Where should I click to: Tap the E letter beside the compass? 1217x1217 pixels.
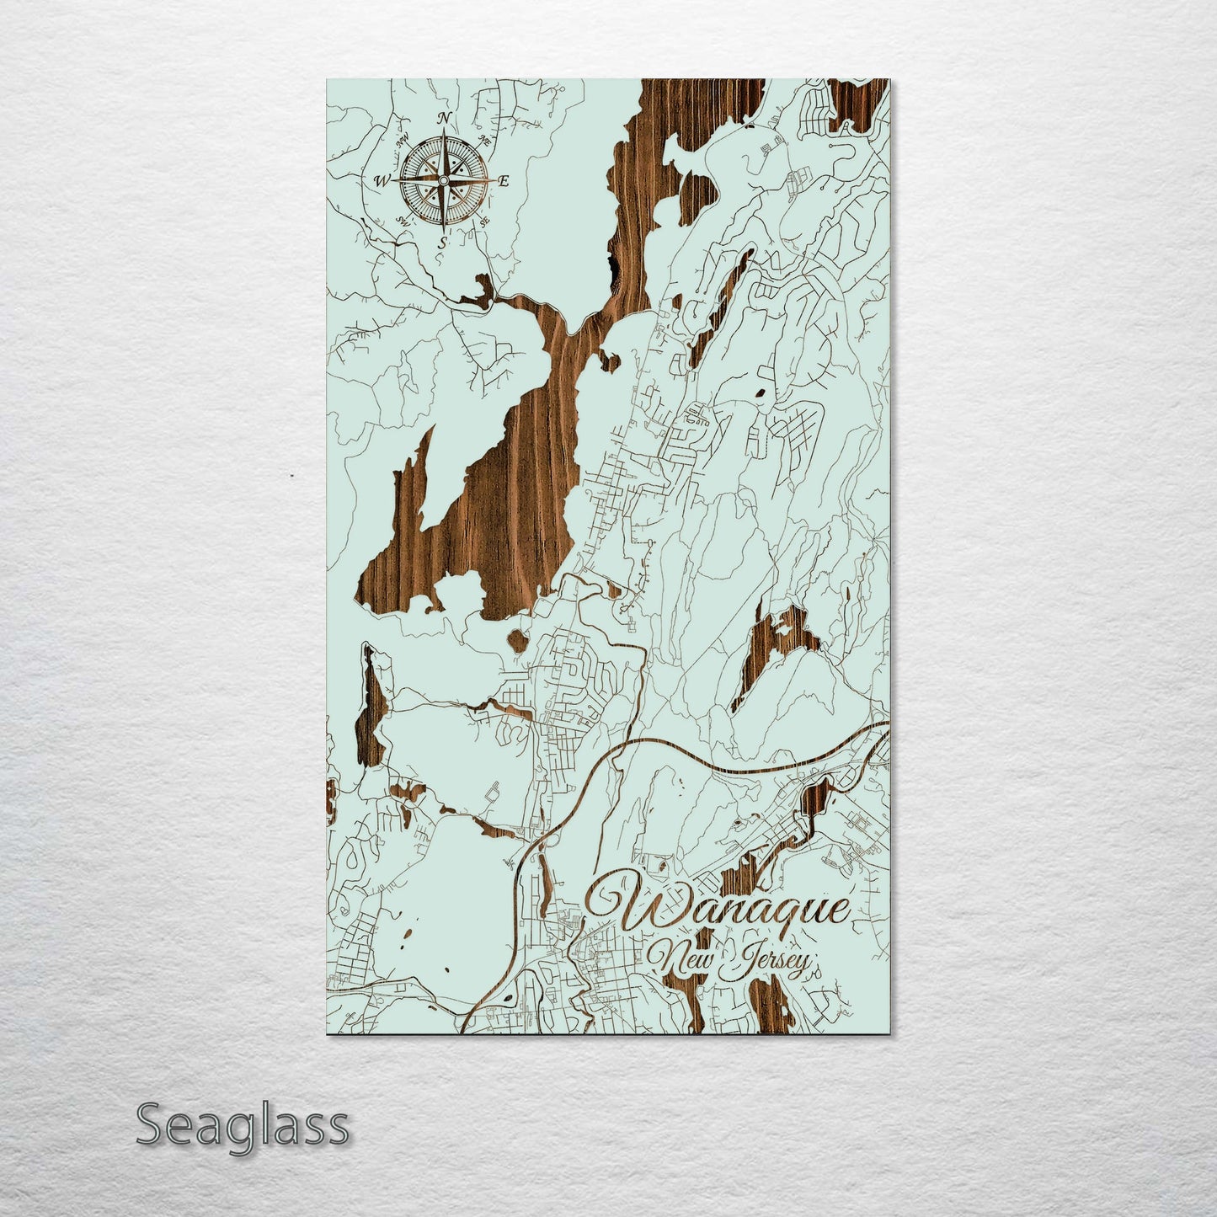point(504,181)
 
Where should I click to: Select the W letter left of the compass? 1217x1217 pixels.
point(382,179)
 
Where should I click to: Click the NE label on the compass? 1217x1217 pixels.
point(484,140)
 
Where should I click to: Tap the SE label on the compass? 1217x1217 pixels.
point(484,222)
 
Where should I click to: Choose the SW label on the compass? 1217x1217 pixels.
point(403,221)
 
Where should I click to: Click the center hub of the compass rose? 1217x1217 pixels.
point(443,179)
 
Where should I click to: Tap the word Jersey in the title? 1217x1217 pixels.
point(771,963)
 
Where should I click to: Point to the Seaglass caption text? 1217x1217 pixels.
point(242,1125)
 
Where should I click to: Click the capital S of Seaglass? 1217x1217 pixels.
point(150,1125)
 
